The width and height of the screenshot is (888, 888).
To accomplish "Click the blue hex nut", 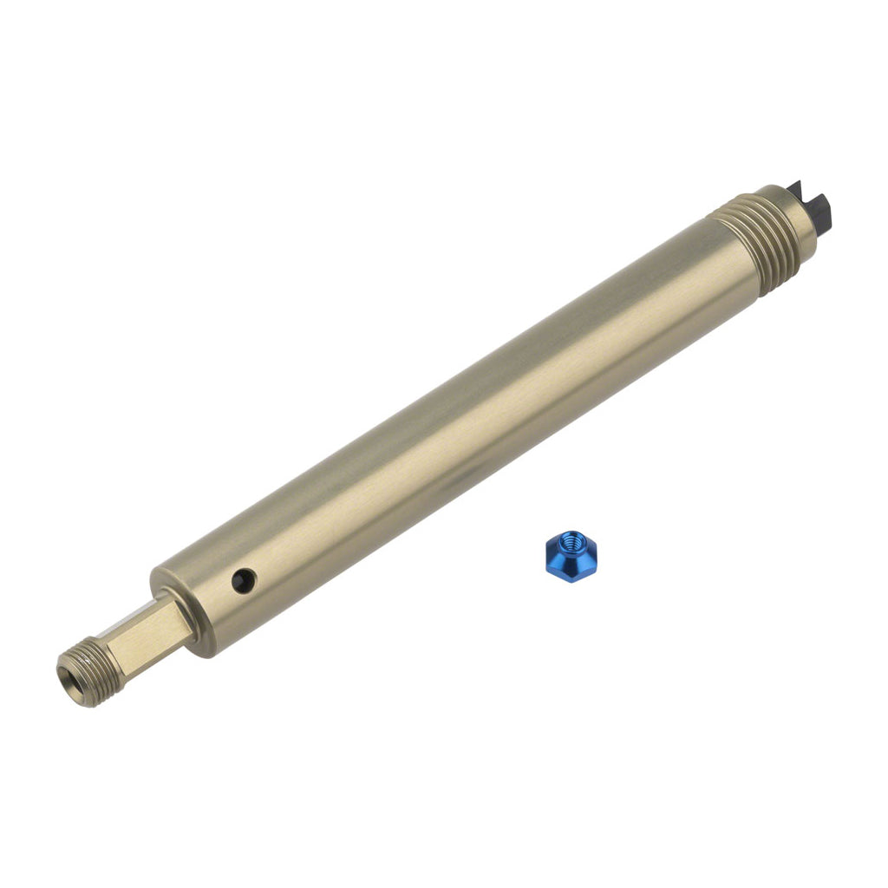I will pyautogui.click(x=569, y=557).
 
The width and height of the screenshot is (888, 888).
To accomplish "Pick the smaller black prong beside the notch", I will pyautogui.click(x=796, y=187).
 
